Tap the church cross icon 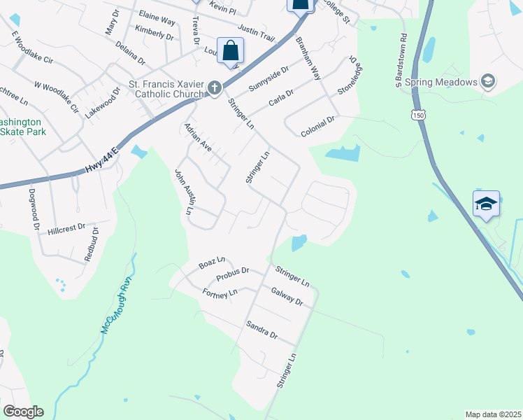pos(215,87)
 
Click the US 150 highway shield pos(419,114)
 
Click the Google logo pos(22,412)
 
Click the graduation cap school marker pos(486,204)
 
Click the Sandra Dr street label pos(261,330)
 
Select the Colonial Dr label pos(318,125)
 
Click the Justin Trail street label pos(256,32)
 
